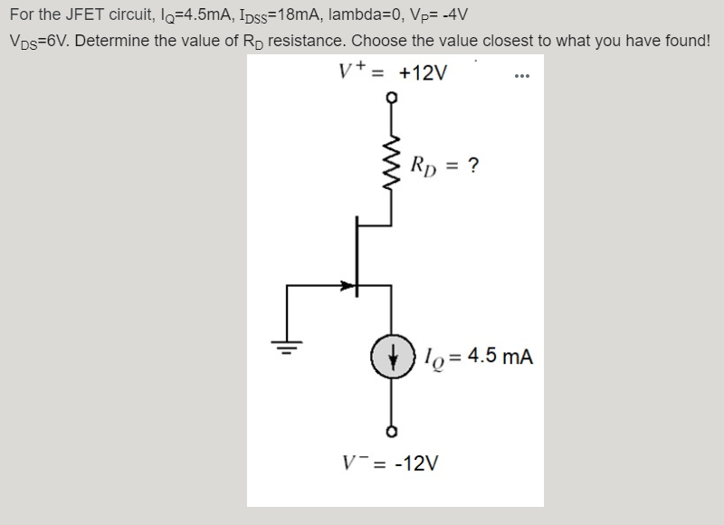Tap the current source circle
coord(391,356)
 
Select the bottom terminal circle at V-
coord(391,430)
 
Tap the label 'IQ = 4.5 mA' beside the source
coord(480,357)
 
